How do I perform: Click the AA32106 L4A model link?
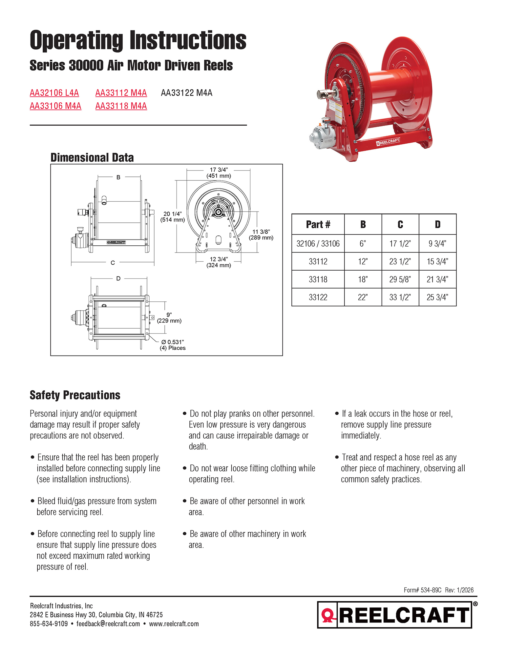[54, 93]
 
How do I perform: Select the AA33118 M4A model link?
[121, 106]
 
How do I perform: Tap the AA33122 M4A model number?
[186, 93]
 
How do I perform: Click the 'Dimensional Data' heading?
[92, 157]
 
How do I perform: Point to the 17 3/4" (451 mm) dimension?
[219, 173]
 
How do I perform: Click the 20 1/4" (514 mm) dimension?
[173, 217]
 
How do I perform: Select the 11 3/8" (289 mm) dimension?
[261, 235]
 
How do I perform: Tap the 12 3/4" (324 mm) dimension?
[219, 262]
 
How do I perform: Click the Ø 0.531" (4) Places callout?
[173, 345]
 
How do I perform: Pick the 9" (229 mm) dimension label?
[169, 318]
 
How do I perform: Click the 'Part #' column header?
[318, 224]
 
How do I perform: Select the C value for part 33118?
[400, 279]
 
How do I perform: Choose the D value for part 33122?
[437, 297]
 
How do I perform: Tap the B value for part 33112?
[363, 261]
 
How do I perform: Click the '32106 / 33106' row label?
[318, 244]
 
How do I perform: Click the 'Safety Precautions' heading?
[75, 395]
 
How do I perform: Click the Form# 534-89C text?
[422, 590]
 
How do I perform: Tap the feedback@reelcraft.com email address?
[108, 624]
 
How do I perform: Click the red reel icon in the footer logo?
[327, 615]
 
